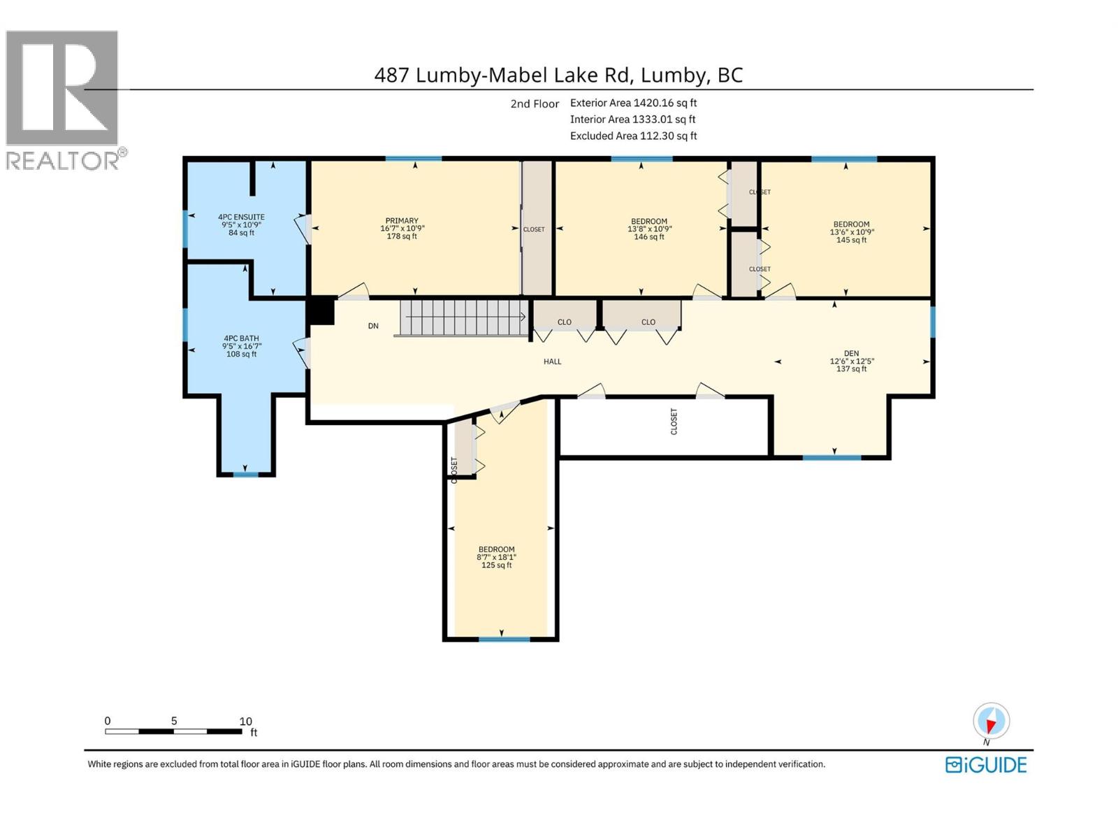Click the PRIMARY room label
click(x=402, y=229)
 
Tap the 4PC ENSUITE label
click(x=241, y=224)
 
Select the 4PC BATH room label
click(x=241, y=346)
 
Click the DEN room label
click(x=851, y=361)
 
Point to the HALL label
click(x=552, y=361)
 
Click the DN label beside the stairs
click(x=373, y=326)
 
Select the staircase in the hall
click(x=463, y=317)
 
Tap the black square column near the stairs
click(x=321, y=311)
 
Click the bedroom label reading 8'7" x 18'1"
click(x=496, y=557)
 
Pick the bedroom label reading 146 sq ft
click(x=648, y=229)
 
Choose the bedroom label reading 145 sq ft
click(x=851, y=232)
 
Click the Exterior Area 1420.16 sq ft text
click(x=633, y=103)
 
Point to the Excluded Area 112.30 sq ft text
click(x=633, y=136)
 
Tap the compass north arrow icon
click(x=991, y=722)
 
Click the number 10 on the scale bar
click(x=245, y=721)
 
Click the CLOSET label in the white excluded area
click(x=674, y=422)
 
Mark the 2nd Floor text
click(x=535, y=103)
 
